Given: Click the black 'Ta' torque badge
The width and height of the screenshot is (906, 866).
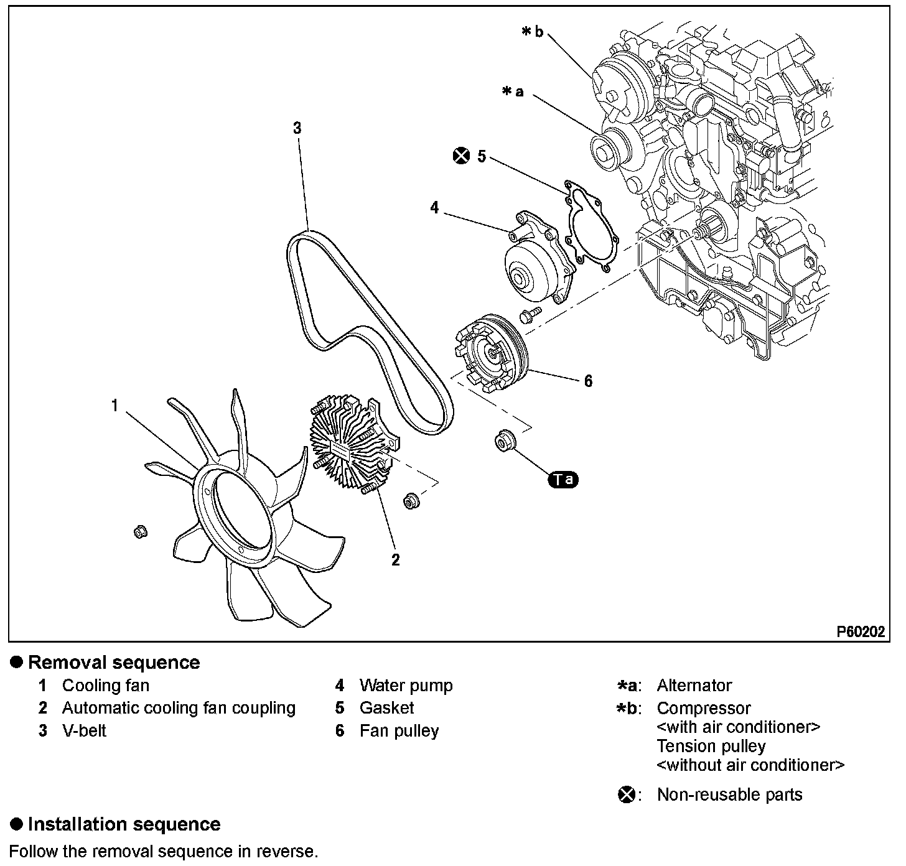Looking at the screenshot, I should point(563,479).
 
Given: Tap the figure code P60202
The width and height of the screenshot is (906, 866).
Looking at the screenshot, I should point(860,632).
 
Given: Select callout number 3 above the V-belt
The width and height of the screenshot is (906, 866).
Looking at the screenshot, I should point(297,128).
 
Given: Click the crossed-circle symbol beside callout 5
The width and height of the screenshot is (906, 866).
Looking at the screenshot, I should point(461,156).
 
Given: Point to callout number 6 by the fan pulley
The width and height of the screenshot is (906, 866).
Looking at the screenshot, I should point(588,380).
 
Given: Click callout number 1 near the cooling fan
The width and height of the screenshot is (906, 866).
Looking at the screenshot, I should point(114,406).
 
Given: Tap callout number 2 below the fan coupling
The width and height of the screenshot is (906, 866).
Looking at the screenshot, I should point(395,559).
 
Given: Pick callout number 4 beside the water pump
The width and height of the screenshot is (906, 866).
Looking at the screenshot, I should point(434,208).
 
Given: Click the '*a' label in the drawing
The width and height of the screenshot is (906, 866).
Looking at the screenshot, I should point(513,92).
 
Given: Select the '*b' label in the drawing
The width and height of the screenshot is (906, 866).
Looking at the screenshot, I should point(533,32).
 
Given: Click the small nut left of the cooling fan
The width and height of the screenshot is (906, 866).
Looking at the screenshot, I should point(141,531).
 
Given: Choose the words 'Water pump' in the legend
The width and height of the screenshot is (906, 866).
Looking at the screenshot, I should point(406,686).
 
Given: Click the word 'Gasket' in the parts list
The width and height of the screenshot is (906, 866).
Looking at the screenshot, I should point(386,708).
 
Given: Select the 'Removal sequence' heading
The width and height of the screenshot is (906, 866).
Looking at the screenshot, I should point(114,663).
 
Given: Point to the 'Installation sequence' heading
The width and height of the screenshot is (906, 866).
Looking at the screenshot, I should point(124,824).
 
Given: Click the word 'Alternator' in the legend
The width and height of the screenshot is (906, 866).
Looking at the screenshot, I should point(694,686).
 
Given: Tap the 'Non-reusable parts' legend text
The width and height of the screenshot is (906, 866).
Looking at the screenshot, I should point(729,794).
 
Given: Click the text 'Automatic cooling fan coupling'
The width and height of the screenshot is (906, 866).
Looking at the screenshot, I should point(179,708).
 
